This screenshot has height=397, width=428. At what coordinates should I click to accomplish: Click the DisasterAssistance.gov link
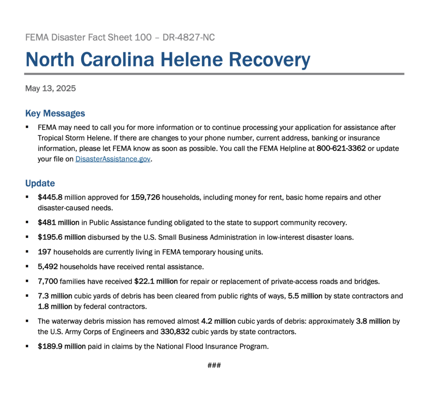(x=113, y=160)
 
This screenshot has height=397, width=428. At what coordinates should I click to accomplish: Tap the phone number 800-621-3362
(x=341, y=149)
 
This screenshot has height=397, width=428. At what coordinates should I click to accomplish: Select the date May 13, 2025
(x=51, y=89)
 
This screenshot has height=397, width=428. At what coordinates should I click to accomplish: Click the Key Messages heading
(x=55, y=114)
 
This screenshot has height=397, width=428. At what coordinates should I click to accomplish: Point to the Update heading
(x=40, y=183)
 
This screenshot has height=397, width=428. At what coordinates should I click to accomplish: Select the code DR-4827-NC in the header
(x=189, y=38)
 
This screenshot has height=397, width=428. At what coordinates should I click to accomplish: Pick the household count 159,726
(x=145, y=198)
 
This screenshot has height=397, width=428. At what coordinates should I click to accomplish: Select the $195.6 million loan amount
(x=62, y=237)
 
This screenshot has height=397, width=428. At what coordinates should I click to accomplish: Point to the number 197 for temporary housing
(x=45, y=252)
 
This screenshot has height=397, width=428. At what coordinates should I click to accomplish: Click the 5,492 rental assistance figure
(x=48, y=266)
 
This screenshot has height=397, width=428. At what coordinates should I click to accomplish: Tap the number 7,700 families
(x=48, y=281)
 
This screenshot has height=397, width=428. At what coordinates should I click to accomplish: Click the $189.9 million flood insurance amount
(x=62, y=347)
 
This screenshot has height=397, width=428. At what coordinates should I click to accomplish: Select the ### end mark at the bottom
(x=214, y=366)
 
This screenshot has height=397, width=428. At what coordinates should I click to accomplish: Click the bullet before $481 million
(x=27, y=222)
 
